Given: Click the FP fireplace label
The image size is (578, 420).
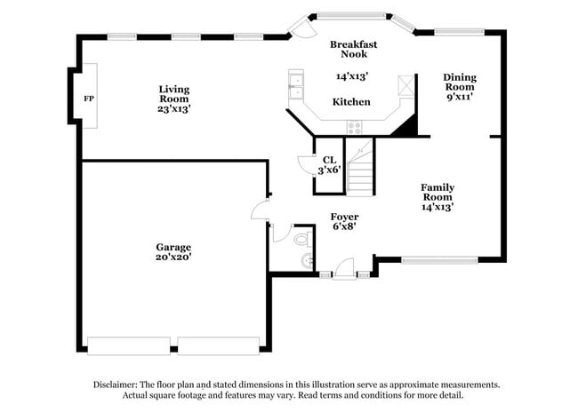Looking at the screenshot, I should (88, 98).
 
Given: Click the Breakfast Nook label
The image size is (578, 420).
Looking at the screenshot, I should (353, 50).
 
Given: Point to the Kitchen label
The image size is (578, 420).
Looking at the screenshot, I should (351, 102).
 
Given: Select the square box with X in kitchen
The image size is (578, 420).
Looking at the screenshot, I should (405, 85).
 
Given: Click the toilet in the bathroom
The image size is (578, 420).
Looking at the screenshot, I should (301, 238).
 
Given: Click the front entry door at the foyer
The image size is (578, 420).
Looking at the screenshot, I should (344, 268).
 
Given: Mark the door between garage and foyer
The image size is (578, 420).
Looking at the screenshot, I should (260, 210).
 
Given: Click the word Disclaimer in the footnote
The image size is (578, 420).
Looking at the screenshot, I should (116, 384).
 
